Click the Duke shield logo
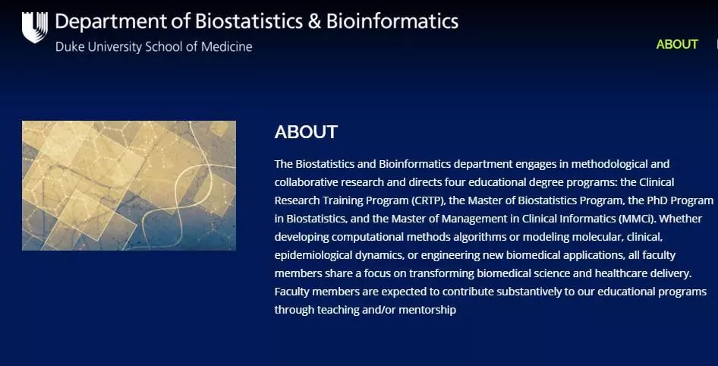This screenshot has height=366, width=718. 35,27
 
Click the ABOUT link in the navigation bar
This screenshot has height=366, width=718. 677,45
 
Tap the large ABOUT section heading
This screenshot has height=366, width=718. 306,132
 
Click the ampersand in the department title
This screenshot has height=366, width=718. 314,21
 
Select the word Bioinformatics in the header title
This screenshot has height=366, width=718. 392,21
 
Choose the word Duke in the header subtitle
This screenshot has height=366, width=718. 67,47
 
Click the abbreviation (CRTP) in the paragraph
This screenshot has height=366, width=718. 427,200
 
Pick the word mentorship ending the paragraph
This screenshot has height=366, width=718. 427,310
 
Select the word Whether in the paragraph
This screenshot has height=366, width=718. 681,219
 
